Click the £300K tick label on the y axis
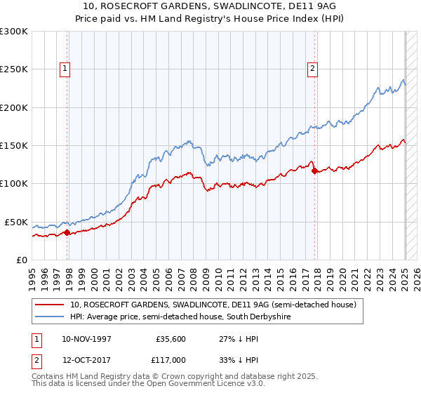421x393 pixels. point(14,32)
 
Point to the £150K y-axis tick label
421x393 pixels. point(14,146)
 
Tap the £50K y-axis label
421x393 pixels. point(16,222)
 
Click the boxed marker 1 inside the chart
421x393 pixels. point(65,69)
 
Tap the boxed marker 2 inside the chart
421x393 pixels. point(312,69)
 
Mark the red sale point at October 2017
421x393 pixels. point(314,171)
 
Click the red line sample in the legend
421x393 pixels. point(51,305)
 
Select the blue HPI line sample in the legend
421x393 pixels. point(51,317)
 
